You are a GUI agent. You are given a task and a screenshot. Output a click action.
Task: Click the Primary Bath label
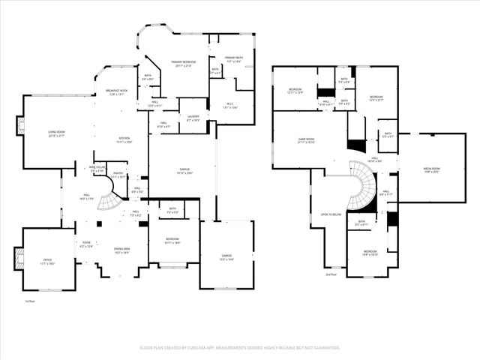[232, 60]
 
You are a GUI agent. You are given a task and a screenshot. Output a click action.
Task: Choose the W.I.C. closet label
[230, 106]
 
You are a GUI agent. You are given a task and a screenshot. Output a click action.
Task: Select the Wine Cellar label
[97, 169]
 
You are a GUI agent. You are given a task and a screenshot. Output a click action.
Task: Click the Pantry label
[118, 175]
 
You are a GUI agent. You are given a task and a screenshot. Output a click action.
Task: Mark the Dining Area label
[122, 249]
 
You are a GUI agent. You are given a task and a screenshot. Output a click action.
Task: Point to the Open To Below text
[331, 214]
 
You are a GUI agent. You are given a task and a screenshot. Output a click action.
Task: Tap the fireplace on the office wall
[16, 259]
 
